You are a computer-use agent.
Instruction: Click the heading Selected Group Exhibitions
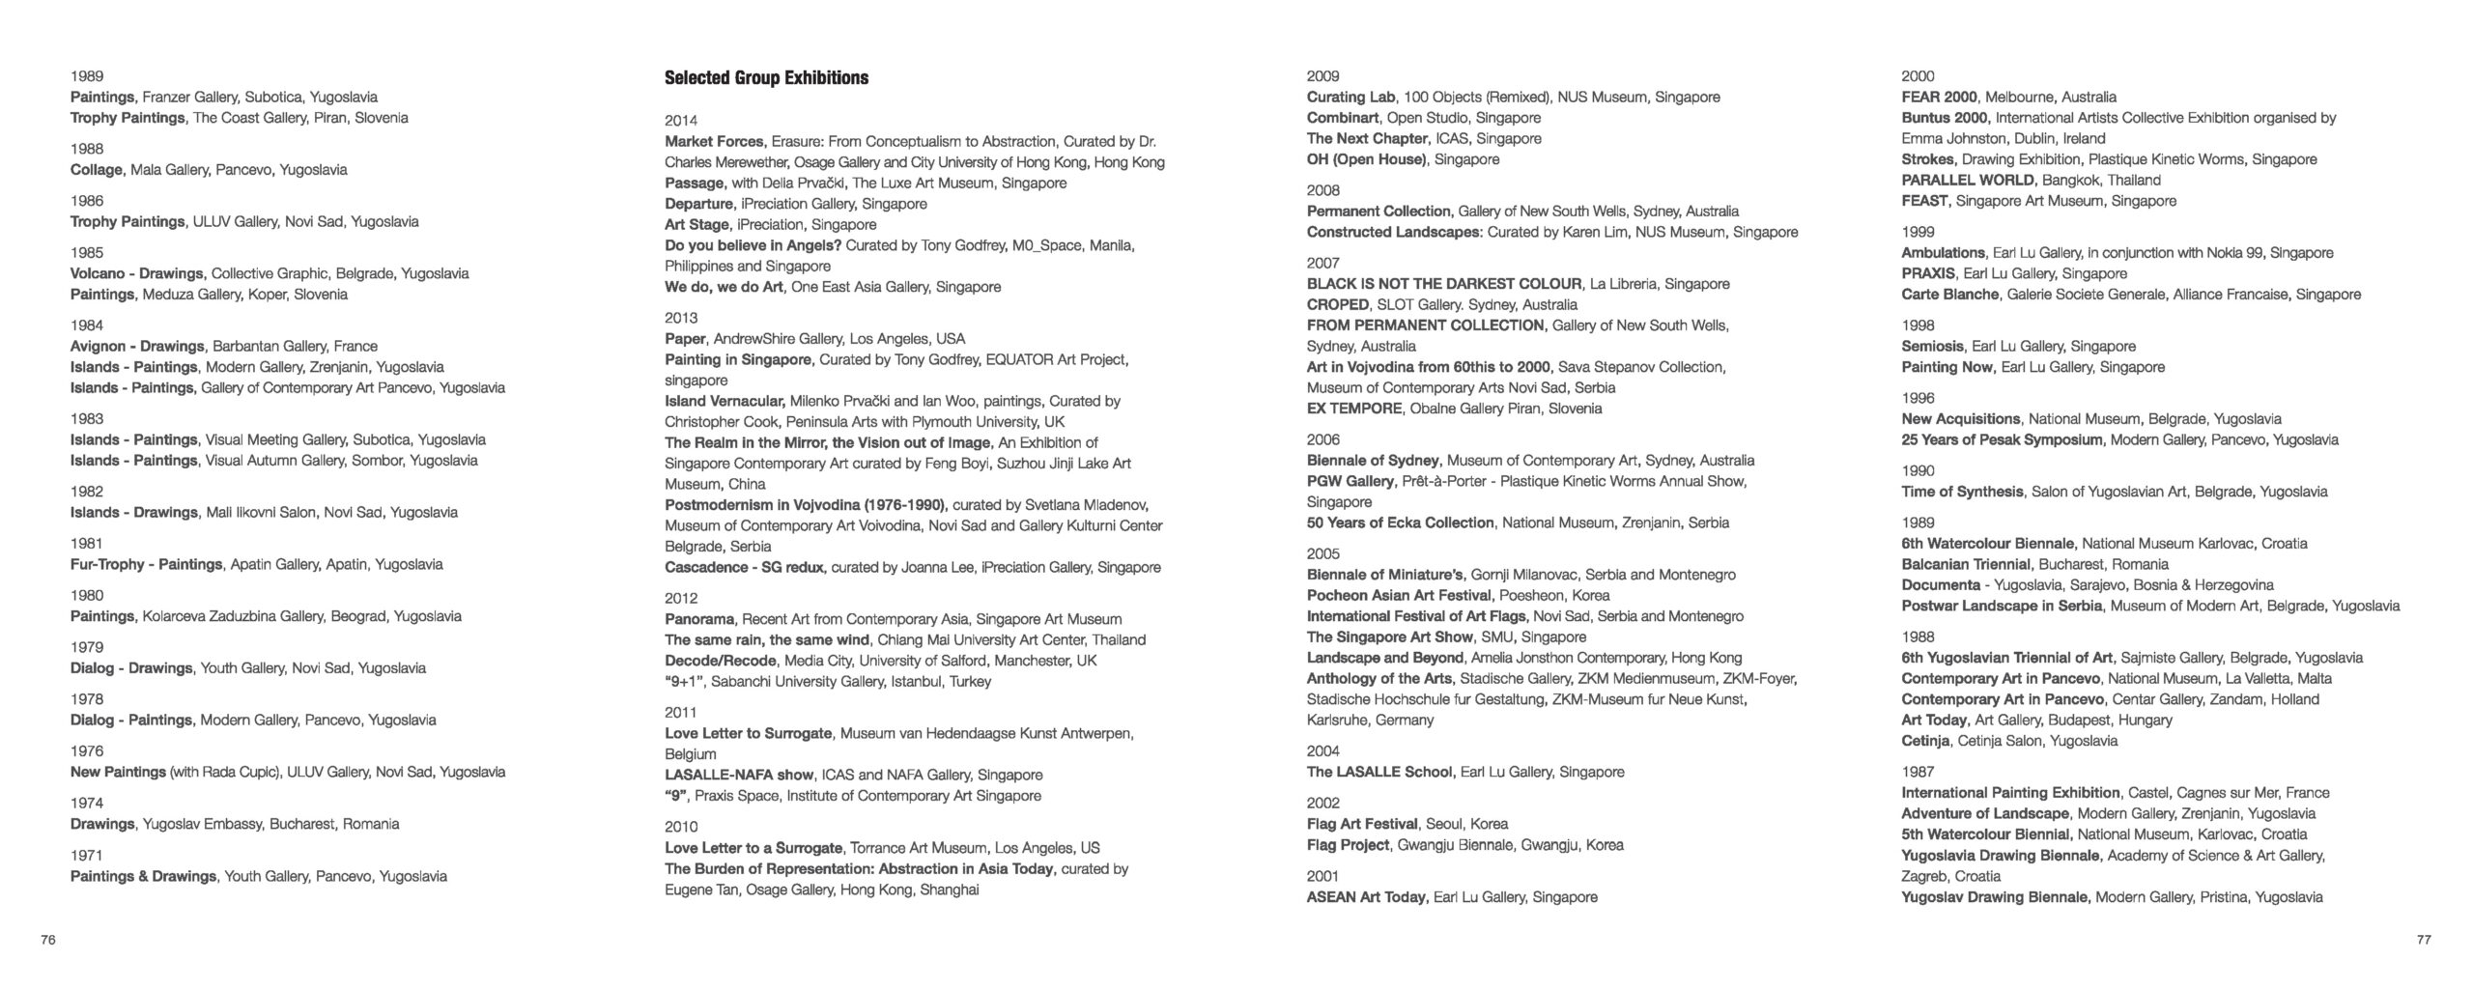pos(766,78)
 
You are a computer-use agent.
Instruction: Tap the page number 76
pos(48,940)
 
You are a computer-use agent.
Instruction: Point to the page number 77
pos(2424,940)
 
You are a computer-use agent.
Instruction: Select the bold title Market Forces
pos(714,141)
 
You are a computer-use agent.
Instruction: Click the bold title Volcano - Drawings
pos(136,273)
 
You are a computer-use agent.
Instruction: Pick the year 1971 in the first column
pos(87,855)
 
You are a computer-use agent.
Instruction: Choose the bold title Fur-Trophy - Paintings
pos(146,564)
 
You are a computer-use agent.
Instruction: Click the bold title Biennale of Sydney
pos(1373,461)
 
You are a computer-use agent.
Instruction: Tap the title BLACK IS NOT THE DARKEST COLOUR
pos(1444,284)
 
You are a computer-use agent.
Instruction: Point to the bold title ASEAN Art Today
pos(1366,897)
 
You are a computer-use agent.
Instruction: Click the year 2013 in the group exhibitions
pos(681,318)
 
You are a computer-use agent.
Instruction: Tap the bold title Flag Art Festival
pos(1362,824)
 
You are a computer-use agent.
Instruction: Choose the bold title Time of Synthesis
pos(1962,492)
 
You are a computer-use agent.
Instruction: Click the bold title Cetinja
pos(1925,741)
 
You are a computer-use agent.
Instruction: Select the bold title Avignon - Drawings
pos(137,346)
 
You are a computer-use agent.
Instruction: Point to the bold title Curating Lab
pos(1350,97)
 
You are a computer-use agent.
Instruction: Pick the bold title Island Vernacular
pos(724,401)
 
